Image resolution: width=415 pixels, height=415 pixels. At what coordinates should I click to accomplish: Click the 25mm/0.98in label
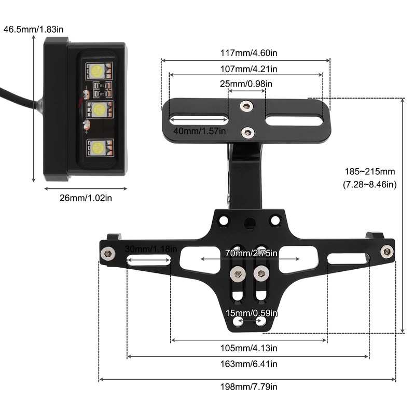click(x=247, y=84)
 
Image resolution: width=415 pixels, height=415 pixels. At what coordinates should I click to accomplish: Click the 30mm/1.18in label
click(x=151, y=249)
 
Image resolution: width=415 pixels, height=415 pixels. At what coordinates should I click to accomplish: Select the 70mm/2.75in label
click(x=251, y=254)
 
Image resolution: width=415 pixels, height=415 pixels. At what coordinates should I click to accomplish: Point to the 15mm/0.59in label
click(x=251, y=313)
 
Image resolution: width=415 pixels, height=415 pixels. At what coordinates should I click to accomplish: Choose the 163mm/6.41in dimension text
click(x=250, y=364)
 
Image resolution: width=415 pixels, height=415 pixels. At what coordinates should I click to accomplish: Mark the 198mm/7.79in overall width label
click(x=250, y=387)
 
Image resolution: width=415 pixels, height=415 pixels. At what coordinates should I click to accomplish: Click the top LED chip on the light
click(x=98, y=70)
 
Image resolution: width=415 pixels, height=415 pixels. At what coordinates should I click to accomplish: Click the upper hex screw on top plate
click(x=246, y=107)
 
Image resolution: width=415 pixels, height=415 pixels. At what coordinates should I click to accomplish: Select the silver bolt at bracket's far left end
click(x=108, y=254)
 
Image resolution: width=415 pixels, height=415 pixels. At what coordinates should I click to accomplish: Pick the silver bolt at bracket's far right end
click(x=386, y=252)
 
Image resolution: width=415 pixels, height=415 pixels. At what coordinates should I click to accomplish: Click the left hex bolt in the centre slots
click(x=237, y=273)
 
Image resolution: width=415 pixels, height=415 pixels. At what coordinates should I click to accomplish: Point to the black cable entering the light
click(x=18, y=99)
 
